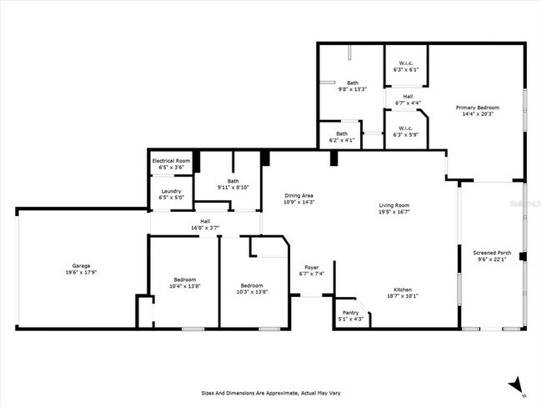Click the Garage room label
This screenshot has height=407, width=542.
coord(81,264)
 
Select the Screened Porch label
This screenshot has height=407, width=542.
coord(492,252)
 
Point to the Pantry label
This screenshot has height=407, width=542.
coord(349,312)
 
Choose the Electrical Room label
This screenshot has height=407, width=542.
coord(171,160)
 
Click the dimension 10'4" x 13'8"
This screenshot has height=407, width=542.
coord(185,286)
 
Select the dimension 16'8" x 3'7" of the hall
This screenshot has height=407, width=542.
coord(205,227)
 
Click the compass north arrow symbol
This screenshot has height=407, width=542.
coord(518,384)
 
